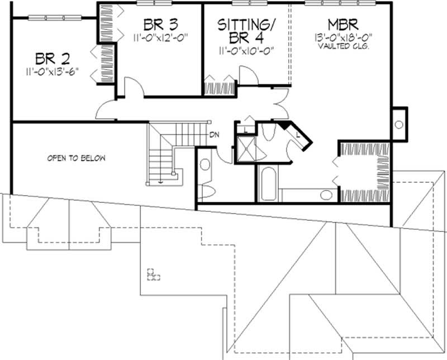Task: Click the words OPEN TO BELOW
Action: [x=76, y=158]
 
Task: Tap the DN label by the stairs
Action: [x=214, y=134]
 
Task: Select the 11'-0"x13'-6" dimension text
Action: [x=55, y=72]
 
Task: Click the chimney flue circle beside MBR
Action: [x=399, y=125]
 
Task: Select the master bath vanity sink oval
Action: [x=325, y=195]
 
